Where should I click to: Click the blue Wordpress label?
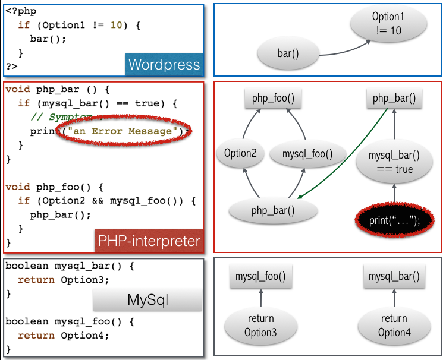coord(164,64)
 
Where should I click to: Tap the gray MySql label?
coord(148,299)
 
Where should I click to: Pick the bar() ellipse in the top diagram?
coord(288,54)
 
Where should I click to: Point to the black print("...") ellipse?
coord(394,220)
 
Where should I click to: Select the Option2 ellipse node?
coord(240,153)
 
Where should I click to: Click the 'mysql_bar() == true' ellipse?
coord(394,162)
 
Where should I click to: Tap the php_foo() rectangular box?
coord(269,99)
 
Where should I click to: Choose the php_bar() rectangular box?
coord(394,99)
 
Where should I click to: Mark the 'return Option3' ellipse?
coord(260,326)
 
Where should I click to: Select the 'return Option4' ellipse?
coord(394,326)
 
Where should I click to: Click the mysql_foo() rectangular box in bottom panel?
coord(260,276)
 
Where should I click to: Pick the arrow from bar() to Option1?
coord(337,49)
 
